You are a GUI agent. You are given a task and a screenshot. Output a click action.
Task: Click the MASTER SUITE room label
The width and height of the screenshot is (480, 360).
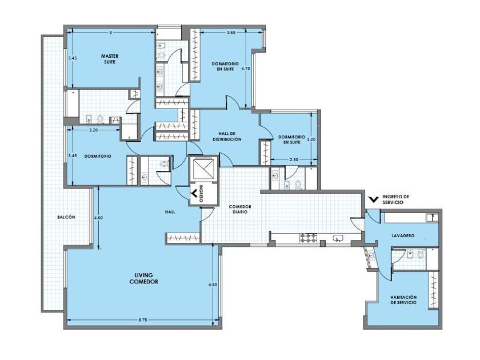pyautogui.click(x=110, y=59)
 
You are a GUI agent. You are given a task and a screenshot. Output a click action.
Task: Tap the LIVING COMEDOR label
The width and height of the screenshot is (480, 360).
pyautogui.click(x=144, y=279)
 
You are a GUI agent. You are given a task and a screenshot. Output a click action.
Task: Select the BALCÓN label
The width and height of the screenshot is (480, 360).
pyautogui.click(x=66, y=217)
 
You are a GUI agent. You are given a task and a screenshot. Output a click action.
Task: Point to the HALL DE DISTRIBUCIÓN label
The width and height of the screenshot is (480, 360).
pyautogui.click(x=227, y=136)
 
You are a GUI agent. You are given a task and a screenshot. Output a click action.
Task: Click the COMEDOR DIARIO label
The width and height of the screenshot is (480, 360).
pyautogui.click(x=240, y=209)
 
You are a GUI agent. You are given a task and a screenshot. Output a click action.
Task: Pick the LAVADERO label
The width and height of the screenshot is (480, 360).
pyautogui.click(x=403, y=235)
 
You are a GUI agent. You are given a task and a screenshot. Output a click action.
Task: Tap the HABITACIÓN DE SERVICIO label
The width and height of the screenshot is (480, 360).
pyautogui.click(x=403, y=299)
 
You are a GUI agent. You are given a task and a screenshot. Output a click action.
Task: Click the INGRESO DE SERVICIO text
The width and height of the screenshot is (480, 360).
pyautogui.click(x=395, y=199)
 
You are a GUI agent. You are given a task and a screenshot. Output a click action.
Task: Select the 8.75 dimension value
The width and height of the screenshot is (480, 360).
pyautogui.click(x=143, y=319)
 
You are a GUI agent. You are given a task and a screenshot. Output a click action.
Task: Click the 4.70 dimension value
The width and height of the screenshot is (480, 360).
pyautogui.click(x=246, y=69)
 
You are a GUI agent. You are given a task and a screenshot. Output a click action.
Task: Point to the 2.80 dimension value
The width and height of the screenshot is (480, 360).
pyautogui.click(x=294, y=159)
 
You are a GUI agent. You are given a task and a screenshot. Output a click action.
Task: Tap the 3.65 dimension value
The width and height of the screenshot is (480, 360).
pyautogui.click(x=231, y=32)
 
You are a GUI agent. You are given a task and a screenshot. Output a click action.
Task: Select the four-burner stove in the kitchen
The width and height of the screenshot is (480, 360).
pyautogui.click(x=309, y=238)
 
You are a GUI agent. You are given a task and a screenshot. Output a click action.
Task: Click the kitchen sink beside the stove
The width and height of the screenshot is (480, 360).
pyautogui.click(x=338, y=238)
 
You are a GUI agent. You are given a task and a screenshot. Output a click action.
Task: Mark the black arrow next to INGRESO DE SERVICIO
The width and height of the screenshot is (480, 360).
pyautogui.click(x=374, y=199)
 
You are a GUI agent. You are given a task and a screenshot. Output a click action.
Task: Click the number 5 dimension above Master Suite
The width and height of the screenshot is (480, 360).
pyautogui.click(x=110, y=32)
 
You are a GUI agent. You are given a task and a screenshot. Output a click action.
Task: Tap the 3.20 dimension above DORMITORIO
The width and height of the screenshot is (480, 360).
pyautogui.click(x=93, y=130)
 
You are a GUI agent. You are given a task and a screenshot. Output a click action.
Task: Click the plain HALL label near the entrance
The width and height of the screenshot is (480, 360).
pyautogui.click(x=170, y=211)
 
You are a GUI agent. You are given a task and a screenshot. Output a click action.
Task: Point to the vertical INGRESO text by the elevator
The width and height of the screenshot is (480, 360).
pyautogui.click(x=201, y=194)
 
